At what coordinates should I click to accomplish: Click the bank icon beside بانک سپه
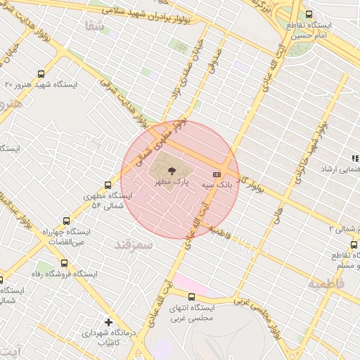click(217, 174)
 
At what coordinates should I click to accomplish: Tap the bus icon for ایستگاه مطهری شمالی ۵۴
click(108, 186)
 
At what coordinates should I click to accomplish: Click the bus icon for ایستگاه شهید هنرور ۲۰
click(41, 74)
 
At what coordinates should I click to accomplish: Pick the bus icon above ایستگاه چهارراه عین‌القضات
click(67, 221)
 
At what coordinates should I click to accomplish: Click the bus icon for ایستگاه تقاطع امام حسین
click(309, 15)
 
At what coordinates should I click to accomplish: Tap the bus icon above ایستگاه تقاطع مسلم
click(354, 245)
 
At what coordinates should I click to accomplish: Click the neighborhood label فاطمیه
click(326, 284)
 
